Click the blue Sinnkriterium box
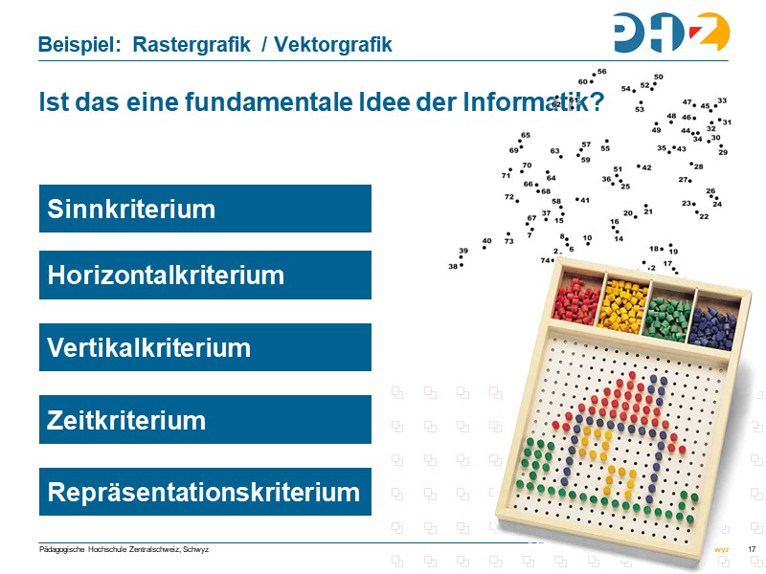[x=205, y=209]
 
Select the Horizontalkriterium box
[x=205, y=276]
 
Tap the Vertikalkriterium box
[x=205, y=347]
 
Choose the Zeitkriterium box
[x=205, y=420]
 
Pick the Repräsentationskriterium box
[x=205, y=492]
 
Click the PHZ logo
[x=671, y=33]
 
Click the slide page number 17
[x=752, y=548]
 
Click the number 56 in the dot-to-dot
[x=602, y=72]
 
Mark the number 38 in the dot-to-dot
[x=453, y=266]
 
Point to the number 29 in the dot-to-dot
[x=723, y=152]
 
